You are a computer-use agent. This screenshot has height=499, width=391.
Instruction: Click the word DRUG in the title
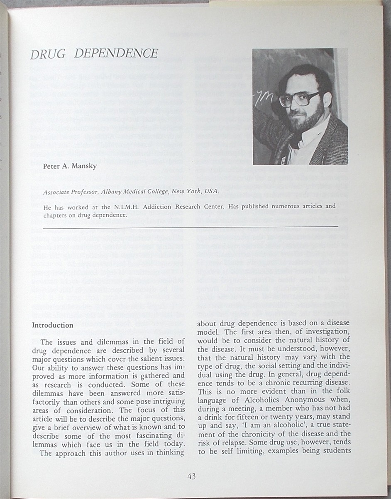[x=47, y=54]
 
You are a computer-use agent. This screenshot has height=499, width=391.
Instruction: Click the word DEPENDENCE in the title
[x=117, y=54]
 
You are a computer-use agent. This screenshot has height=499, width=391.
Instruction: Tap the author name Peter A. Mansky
[x=69, y=166]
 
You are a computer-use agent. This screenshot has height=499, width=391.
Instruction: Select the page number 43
[x=191, y=476]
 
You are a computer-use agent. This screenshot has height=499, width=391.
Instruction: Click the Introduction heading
[x=53, y=325]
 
